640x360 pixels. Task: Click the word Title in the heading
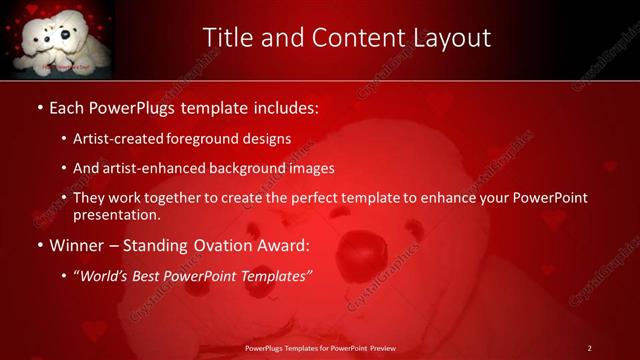click(226, 38)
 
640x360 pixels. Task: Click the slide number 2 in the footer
click(590, 348)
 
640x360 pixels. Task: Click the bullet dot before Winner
click(40, 246)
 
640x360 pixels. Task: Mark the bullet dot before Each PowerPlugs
click(40, 106)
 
